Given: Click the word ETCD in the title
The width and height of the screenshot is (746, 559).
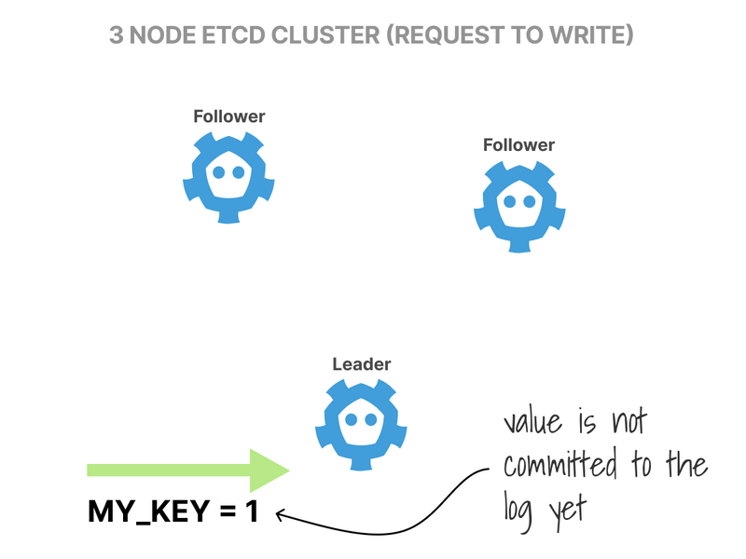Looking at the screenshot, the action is (233, 35).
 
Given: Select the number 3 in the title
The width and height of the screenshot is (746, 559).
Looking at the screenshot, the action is (116, 35).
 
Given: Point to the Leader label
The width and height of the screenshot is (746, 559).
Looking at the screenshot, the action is (362, 364).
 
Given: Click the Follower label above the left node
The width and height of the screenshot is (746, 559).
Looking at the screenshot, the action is (228, 116).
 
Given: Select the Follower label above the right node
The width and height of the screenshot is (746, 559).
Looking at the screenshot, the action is (518, 145).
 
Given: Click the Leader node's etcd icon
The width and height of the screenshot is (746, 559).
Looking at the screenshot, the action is (361, 425).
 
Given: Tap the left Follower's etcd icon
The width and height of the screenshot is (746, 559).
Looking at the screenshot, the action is (228, 177).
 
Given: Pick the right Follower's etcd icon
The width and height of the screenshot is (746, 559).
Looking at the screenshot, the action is (519, 206).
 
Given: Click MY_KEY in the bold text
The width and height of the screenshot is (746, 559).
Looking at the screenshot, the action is (149, 511).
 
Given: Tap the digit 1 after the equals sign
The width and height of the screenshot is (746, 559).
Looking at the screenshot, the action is (252, 511).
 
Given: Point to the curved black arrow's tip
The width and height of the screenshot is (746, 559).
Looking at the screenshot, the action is (277, 514).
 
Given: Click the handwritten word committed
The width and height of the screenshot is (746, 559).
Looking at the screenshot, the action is (560, 463).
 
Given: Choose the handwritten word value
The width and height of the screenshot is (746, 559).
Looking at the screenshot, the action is (532, 421).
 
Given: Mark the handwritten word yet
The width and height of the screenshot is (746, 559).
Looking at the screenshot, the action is (568, 511).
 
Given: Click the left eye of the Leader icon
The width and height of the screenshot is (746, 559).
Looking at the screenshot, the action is (352, 420).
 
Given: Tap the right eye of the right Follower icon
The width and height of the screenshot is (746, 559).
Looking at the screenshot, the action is (530, 201).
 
